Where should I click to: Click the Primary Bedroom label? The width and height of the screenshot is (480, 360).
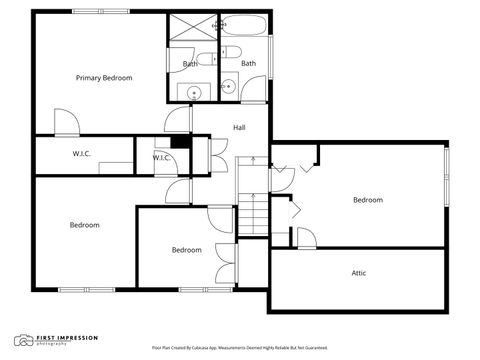[x=105, y=77]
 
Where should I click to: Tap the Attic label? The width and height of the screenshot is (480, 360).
[x=358, y=273]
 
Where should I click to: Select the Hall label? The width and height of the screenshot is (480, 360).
[x=240, y=127]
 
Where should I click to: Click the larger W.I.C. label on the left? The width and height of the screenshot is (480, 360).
[x=82, y=154]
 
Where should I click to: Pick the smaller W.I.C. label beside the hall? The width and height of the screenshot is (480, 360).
[x=162, y=158]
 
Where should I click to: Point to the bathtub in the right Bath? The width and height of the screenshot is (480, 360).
[x=244, y=26]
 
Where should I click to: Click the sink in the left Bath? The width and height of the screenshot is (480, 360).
[x=194, y=92]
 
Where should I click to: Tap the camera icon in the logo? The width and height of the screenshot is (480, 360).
[x=22, y=340]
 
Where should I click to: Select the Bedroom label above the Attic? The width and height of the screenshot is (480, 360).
[x=367, y=200]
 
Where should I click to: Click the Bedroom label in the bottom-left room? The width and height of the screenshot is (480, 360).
[x=84, y=225]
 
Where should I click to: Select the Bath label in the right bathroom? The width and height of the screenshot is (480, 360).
[x=248, y=64]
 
